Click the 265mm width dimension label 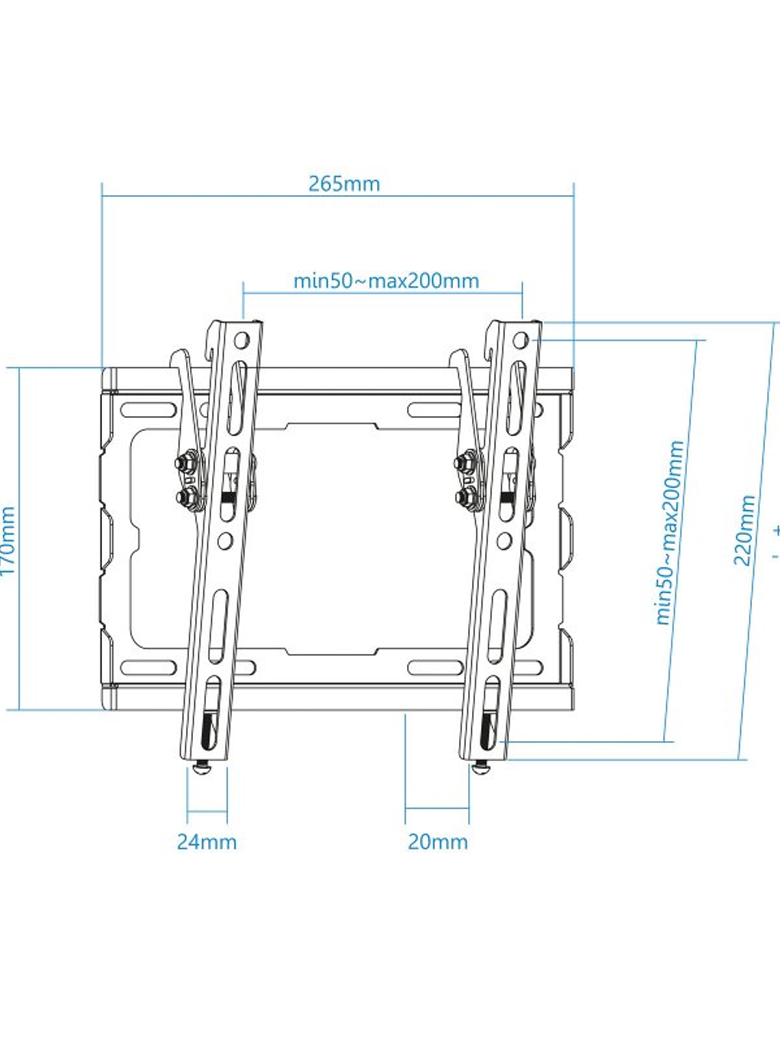pos(343,184)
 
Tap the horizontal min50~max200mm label pos(386,281)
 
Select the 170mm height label pos(8,541)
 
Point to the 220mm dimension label pos(745,530)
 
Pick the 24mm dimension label pos(207,842)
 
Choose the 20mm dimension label pos(438,842)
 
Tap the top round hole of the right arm pos(521,339)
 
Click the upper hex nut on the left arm pos(185,463)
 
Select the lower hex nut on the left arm pos(185,496)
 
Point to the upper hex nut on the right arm pos(466,463)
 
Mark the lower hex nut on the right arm pos(466,496)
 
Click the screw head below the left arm pos(203,769)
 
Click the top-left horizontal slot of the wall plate pos(148,411)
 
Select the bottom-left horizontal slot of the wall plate pos(148,667)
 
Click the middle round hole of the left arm pos(224,541)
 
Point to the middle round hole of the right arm pos(504,541)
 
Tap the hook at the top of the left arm pos(179,357)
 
